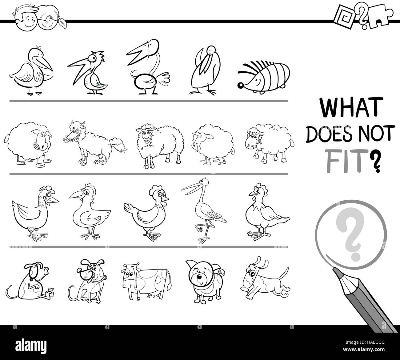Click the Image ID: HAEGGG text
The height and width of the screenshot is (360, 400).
[365, 342]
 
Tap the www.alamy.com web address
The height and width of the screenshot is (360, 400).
[364, 350]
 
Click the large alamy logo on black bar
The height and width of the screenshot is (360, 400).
[31, 346]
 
